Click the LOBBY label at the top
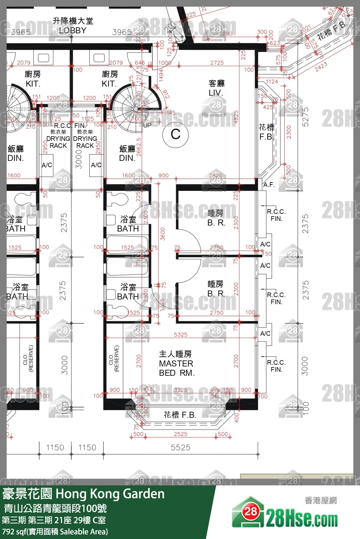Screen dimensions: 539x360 click(x=73, y=30)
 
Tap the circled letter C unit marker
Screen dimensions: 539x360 click(x=175, y=135)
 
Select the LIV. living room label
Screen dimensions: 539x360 click(x=216, y=93)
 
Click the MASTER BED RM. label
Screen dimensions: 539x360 click(x=176, y=364)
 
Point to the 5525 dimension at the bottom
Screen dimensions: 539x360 click(x=180, y=447)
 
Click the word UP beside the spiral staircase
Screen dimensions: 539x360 click(x=147, y=125)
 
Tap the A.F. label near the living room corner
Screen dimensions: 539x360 click(x=269, y=185)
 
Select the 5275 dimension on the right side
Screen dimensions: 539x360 click(x=305, y=117)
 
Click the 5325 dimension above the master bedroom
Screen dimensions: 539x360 click(x=180, y=334)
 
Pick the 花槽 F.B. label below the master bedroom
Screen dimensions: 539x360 click(x=180, y=415)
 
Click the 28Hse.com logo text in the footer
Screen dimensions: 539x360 click(x=302, y=519)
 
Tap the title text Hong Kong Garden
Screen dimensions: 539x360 click(x=110, y=494)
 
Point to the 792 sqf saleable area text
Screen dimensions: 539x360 click(x=55, y=532)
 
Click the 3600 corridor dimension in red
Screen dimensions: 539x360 click(x=163, y=234)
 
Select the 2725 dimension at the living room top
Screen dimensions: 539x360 click(x=217, y=63)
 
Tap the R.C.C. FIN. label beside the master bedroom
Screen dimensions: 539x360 click(x=276, y=366)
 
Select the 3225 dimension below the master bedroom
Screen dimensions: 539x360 click(x=180, y=390)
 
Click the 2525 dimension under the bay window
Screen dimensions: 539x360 click(x=180, y=434)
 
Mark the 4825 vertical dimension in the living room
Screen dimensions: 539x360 click(x=236, y=117)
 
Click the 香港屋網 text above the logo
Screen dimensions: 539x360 click(x=320, y=500)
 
